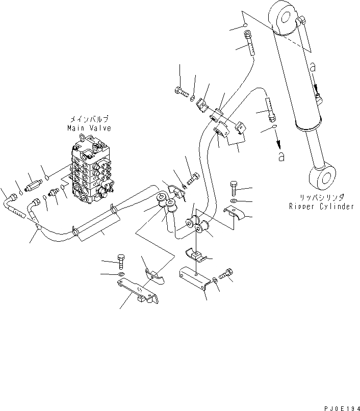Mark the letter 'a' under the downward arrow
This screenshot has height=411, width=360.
point(280,156)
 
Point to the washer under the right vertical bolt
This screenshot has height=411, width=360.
point(234,200)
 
